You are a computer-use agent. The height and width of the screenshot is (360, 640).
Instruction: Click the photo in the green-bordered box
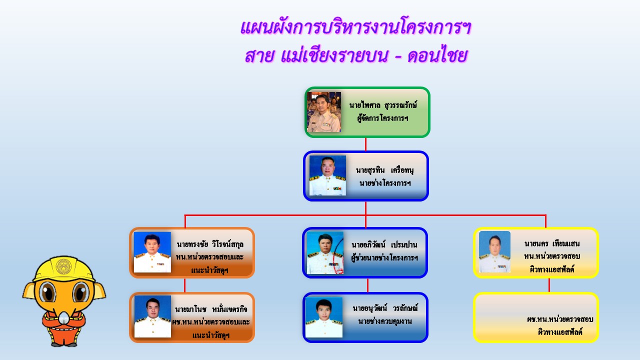pos(323,112)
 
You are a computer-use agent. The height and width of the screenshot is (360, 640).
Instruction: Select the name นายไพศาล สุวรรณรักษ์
pos(383,105)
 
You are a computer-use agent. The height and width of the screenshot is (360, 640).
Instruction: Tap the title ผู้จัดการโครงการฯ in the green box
pos(382,118)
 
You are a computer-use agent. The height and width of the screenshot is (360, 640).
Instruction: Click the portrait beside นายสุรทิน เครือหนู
pos(327,175)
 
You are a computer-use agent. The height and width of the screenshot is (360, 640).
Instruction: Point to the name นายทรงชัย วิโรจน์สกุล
pos(210,244)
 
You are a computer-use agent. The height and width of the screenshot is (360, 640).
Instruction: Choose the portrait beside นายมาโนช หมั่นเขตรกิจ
pos(152,316)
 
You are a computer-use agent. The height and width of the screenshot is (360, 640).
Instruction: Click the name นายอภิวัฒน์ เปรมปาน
pos(384,245)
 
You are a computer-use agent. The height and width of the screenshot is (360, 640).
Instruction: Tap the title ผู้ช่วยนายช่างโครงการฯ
pos(384,257)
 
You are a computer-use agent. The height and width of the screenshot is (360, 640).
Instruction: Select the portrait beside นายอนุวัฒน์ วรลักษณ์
pos(323,317)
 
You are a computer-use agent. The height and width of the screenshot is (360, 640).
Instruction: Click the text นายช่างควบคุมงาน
pos(385,321)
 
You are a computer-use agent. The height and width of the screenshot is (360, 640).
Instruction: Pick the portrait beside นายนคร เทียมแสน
pos(494,251)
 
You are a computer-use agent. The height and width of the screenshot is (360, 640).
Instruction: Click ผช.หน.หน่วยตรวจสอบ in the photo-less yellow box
pos(560,319)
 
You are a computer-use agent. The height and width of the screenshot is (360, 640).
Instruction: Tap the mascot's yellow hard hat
pos(64,268)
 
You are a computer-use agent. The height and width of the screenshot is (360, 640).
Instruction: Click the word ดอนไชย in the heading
pos(437,55)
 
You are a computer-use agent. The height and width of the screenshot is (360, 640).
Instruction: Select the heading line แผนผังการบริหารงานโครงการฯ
pos(355,27)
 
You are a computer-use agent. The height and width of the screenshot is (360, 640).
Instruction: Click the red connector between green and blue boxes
pos(365,144)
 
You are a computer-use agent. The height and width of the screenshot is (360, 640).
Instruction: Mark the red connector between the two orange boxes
pos(185,285)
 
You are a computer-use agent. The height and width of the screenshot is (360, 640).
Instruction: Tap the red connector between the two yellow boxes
pos(549,285)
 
